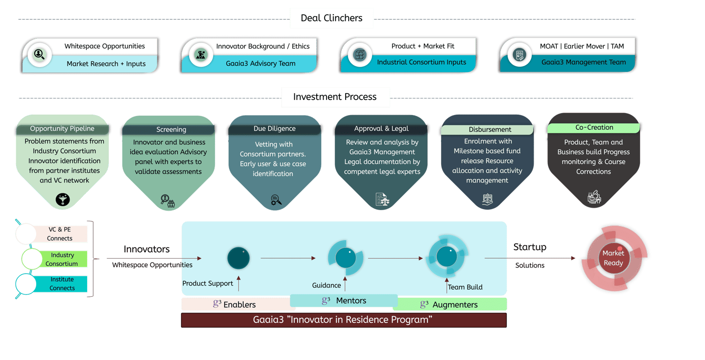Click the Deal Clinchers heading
click(x=331, y=18)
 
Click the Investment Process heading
click(x=334, y=96)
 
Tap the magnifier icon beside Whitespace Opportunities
click(x=39, y=54)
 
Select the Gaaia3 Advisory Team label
click(x=260, y=63)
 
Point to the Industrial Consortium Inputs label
click(x=422, y=62)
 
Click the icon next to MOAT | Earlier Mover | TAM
click(x=519, y=55)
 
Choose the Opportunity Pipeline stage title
click(x=62, y=128)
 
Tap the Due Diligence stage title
click(x=275, y=128)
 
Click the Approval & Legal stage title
click(x=381, y=128)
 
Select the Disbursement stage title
click(x=490, y=129)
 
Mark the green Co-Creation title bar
click(x=593, y=127)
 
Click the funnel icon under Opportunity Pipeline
click(x=63, y=199)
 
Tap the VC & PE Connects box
click(x=60, y=234)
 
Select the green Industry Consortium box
click(x=62, y=259)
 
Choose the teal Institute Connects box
click(x=62, y=284)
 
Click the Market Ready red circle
click(x=613, y=258)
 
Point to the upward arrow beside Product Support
click(x=238, y=283)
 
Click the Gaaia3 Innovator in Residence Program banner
click(x=344, y=320)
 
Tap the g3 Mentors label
click(x=344, y=300)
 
